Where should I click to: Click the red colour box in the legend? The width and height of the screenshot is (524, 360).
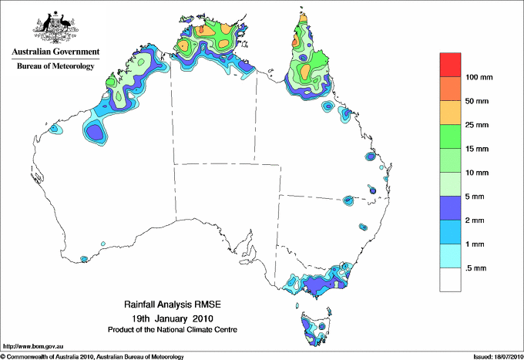click(x=450, y=65)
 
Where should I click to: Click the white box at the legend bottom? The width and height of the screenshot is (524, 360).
click(x=450, y=280)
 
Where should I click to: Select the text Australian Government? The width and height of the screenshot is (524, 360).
click(x=55, y=52)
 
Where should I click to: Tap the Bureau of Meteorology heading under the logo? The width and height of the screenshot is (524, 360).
click(x=55, y=66)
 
